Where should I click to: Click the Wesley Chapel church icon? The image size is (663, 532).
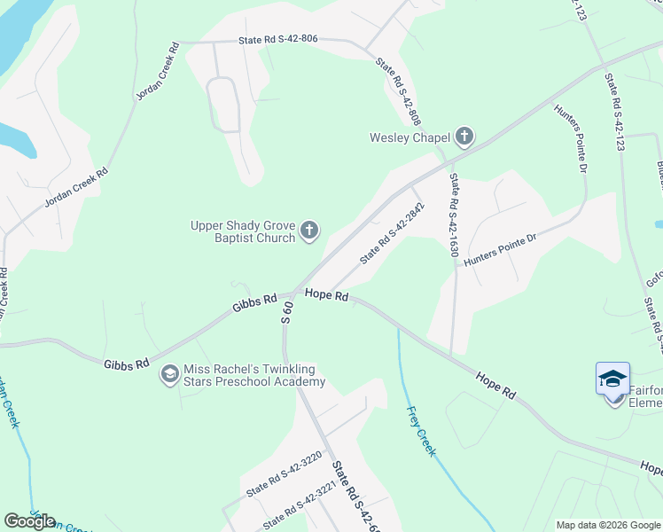[x=464, y=137]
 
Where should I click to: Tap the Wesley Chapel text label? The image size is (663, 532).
[x=410, y=137]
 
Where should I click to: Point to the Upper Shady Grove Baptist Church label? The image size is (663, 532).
[x=243, y=231]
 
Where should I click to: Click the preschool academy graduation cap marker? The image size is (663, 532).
[x=168, y=375]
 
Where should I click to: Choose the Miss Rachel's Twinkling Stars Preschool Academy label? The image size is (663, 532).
[x=253, y=375]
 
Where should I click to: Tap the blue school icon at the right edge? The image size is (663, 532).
[x=613, y=379]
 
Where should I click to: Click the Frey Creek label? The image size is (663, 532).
[x=421, y=431]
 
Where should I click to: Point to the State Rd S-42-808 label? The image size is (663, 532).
[x=398, y=90]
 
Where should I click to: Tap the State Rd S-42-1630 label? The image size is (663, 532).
[x=454, y=215]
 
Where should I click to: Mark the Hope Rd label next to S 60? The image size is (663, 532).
[x=326, y=294]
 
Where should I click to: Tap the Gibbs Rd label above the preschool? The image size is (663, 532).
[x=255, y=303]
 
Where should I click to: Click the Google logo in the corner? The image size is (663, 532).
[x=30, y=521]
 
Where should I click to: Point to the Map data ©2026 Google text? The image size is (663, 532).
[x=607, y=525]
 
